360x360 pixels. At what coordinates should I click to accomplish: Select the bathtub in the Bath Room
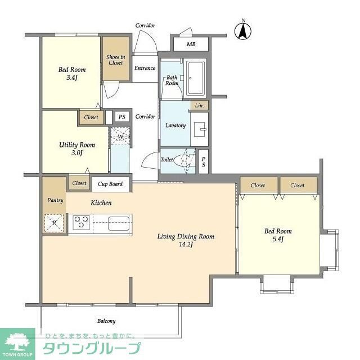pyautogui.click(x=197, y=78)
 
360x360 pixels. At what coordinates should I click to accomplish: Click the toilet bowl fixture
pyautogui.click(x=184, y=161)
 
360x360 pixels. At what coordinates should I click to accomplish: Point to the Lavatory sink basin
pyautogui.click(x=200, y=127)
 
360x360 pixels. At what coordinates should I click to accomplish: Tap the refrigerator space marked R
pyautogui.click(x=54, y=223)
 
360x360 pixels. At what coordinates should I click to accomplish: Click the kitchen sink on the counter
pyautogui.click(x=119, y=223)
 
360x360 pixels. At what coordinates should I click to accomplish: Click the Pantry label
pyautogui.click(x=55, y=200)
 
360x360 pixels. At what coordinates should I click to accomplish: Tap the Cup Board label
pyautogui.click(x=110, y=183)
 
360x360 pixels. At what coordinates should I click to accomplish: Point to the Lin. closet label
pyautogui.click(x=199, y=106)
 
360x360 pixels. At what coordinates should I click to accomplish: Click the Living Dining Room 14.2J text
pyautogui.click(x=185, y=240)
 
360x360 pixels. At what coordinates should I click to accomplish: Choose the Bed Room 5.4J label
pyautogui.click(x=278, y=235)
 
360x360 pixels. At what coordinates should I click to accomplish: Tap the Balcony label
pyautogui.click(x=106, y=321)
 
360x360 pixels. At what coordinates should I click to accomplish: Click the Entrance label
pyautogui.click(x=145, y=68)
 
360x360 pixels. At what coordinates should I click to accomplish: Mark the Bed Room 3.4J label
pyautogui.click(x=72, y=74)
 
